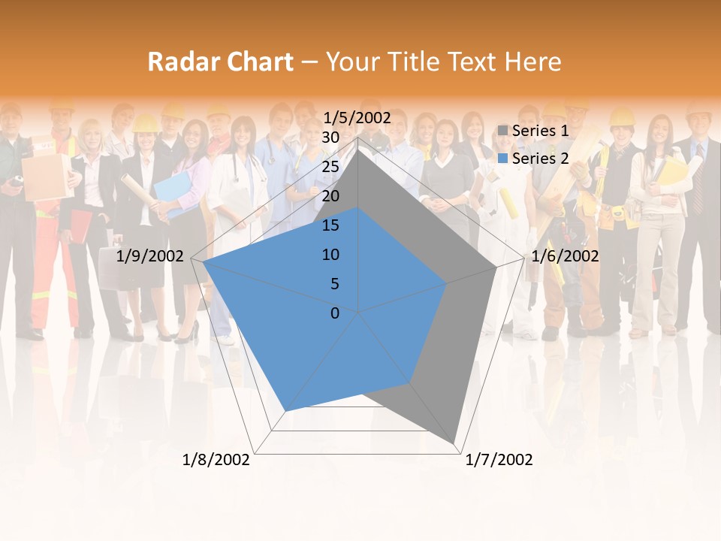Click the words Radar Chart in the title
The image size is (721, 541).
point(220,62)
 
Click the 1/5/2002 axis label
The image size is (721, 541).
point(357,117)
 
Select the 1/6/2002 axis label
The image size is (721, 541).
point(565,256)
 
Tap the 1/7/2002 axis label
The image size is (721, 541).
point(499,460)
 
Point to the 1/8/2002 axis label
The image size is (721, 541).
point(216,460)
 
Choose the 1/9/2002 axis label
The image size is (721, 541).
point(150,256)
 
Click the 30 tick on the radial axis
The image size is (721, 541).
point(330,138)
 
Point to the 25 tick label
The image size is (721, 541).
point(330,167)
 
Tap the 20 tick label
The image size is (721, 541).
point(330,196)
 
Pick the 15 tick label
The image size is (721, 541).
point(330,225)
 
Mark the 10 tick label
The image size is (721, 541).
point(330,255)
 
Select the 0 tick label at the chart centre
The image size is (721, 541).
point(335,313)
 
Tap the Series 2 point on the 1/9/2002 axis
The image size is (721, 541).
point(204,261)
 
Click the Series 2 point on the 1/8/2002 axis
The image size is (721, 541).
point(285,411)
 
